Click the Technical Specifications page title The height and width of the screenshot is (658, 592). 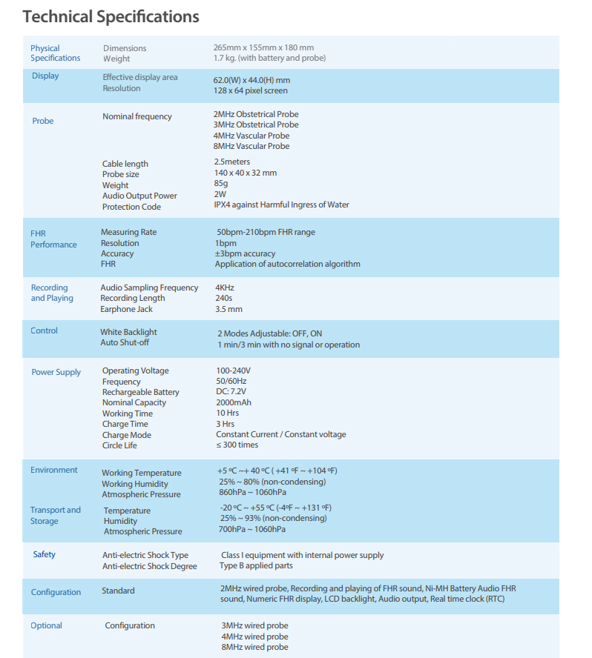click(111, 16)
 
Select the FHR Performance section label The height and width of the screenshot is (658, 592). click(53, 239)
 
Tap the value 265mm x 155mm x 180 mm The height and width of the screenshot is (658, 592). click(263, 48)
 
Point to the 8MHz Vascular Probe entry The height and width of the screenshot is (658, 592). click(251, 146)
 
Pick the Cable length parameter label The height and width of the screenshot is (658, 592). click(125, 164)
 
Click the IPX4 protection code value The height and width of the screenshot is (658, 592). click(281, 205)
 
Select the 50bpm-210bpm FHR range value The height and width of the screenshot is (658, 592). click(266, 232)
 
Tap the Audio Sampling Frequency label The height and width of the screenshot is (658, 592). click(149, 288)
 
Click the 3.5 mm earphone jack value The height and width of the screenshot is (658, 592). click(228, 309)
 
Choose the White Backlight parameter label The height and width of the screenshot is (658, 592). click(128, 332)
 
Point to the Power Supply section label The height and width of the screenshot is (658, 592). click(56, 372)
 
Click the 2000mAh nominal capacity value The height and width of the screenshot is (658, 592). click(234, 402)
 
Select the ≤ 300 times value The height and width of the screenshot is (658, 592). click(237, 445)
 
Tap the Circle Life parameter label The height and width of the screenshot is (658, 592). click(119, 445)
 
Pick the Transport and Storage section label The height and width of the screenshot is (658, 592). click(55, 515)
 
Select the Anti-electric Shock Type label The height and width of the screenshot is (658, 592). click(145, 555)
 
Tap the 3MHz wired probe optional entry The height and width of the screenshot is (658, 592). click(254, 625)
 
